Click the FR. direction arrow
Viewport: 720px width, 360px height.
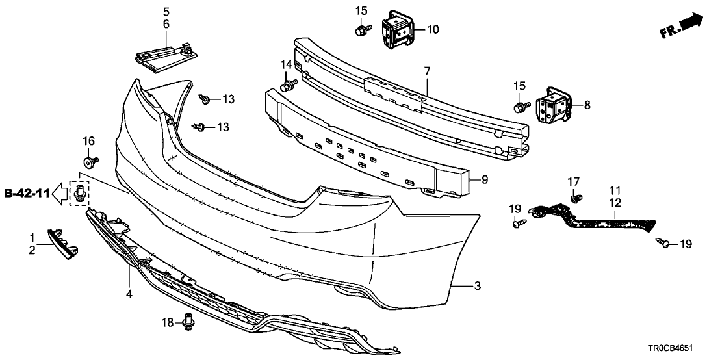coord(682,25)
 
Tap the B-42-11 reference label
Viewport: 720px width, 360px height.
coord(27,192)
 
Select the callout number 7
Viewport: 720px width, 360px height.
coord(428,70)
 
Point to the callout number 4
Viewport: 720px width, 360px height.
coord(129,294)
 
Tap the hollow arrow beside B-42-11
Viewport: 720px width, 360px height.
coord(59,192)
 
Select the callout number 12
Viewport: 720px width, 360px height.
coord(615,202)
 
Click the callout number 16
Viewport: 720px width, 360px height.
coord(89,140)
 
